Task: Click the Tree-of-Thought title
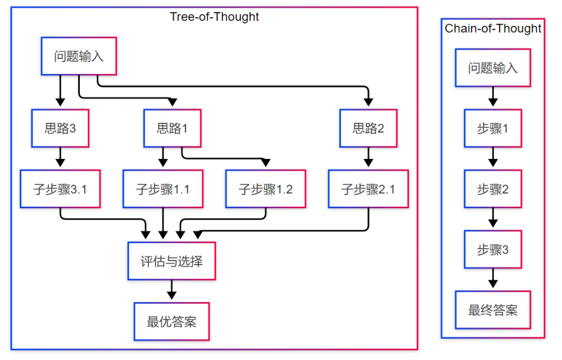(x=214, y=17)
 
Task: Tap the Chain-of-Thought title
(x=493, y=28)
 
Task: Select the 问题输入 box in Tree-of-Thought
(x=79, y=56)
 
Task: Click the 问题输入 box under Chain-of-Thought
(x=493, y=68)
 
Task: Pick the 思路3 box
(x=60, y=128)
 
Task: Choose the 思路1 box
(x=173, y=128)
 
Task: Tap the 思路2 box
(x=369, y=128)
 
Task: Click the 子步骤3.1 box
(x=60, y=189)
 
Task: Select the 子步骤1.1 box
(x=163, y=189)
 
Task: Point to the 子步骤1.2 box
(x=266, y=189)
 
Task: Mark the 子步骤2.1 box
(x=369, y=189)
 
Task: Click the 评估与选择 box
(x=171, y=261)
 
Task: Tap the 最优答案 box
(x=171, y=322)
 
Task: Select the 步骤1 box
(x=493, y=128)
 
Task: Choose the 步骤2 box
(x=493, y=189)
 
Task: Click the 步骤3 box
(x=493, y=249)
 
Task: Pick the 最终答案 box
(x=493, y=310)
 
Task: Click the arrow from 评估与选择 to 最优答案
(x=171, y=290)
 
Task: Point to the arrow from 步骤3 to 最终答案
(x=493, y=279)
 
